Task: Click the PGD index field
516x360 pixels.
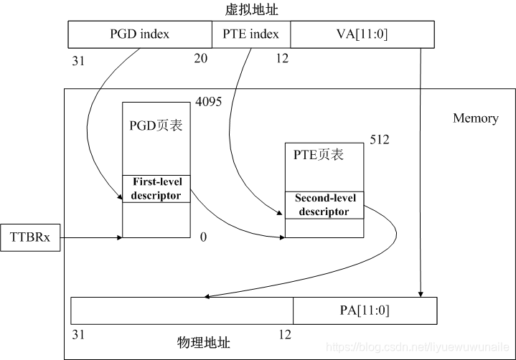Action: pos(139,34)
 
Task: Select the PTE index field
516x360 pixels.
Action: pos(250,34)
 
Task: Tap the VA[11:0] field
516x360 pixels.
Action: pos(362,34)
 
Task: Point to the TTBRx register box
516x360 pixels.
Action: pos(30,236)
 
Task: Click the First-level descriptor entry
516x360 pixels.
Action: pos(156,189)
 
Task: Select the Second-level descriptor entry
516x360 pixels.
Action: pos(324,205)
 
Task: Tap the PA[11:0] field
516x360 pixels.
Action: pos(365,311)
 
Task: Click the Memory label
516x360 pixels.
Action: pos(475,118)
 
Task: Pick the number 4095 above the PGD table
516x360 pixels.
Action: pos(208,102)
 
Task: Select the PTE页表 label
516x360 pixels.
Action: pos(319,154)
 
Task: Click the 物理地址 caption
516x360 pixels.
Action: pos(203,342)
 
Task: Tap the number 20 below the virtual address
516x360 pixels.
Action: pos(200,59)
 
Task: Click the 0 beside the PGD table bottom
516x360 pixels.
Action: pos(203,237)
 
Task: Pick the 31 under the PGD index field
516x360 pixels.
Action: pos(78,60)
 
